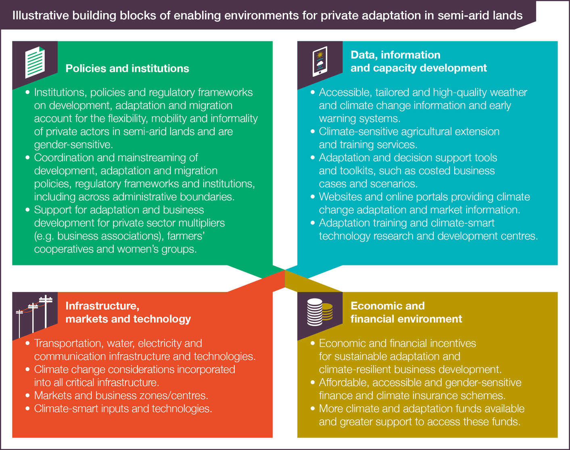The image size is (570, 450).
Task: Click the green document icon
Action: pyautogui.click(x=35, y=62)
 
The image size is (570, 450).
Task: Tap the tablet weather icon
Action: pyautogui.click(x=320, y=61)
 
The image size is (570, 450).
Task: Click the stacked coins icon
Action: pyautogui.click(x=320, y=312)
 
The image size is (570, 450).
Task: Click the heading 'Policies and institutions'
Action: pyautogui.click(x=127, y=68)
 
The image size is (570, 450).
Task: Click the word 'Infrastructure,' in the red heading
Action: pyautogui.click(x=102, y=306)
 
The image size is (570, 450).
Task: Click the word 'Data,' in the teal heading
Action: pyautogui.click(x=364, y=55)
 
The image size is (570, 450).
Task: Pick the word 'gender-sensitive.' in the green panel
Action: pyautogui.click(x=73, y=145)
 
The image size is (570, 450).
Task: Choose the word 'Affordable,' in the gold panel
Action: pyautogui.click(x=344, y=383)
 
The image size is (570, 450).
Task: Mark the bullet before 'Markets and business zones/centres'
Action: pyautogui.click(x=27, y=395)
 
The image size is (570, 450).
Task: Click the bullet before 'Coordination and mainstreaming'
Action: pyautogui.click(x=27, y=158)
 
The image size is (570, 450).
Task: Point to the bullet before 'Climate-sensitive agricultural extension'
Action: pyautogui.click(x=313, y=132)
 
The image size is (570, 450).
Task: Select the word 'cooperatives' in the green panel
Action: pyautogui.click(x=64, y=249)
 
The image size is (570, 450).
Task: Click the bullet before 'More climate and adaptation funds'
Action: pyautogui.click(x=313, y=409)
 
